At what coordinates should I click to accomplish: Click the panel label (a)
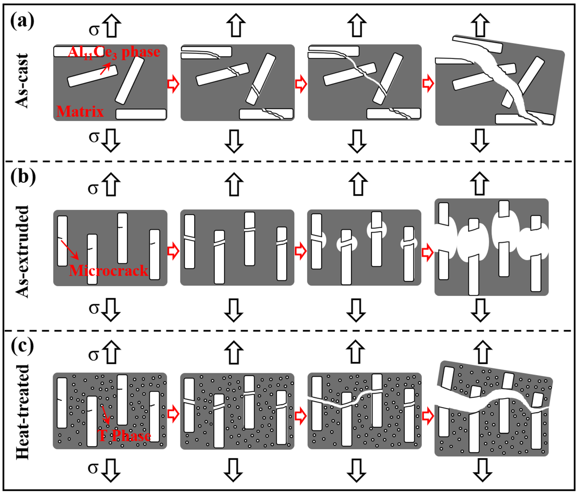(x=22, y=22)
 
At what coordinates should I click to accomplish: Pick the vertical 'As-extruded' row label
(x=22, y=251)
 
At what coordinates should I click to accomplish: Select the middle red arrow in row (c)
(x=301, y=415)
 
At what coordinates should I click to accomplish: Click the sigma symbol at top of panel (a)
(x=94, y=30)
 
